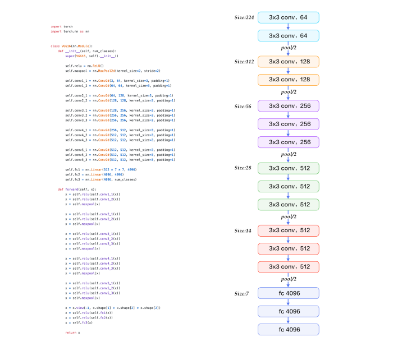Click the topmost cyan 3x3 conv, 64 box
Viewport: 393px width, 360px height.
(x=288, y=17)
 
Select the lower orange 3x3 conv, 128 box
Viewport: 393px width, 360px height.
(x=288, y=80)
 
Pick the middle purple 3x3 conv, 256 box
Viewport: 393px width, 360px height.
(x=288, y=124)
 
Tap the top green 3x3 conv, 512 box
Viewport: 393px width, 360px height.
(x=288, y=168)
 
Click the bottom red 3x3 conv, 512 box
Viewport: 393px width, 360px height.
(x=288, y=267)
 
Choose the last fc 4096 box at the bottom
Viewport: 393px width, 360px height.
(x=288, y=329)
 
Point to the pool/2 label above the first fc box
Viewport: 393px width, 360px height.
(x=289, y=279)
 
